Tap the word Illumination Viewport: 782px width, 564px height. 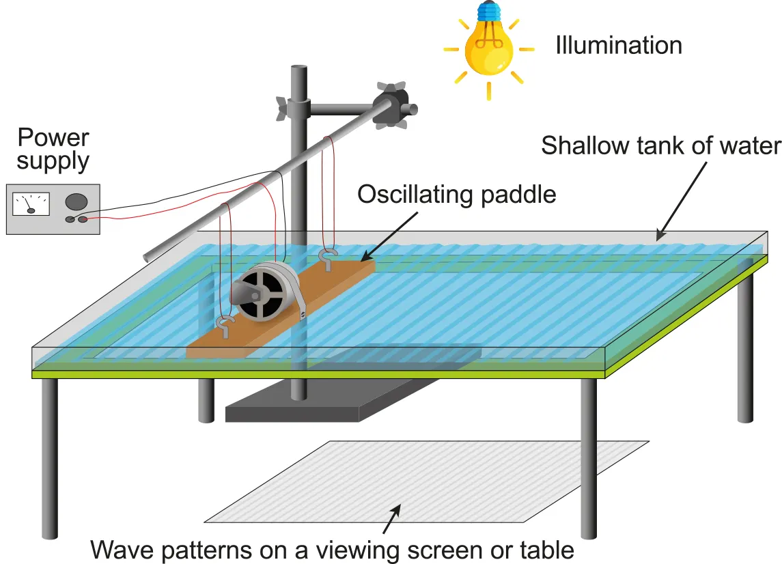point(618,46)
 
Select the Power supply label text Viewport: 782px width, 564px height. point(53,149)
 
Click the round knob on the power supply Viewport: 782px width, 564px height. point(76,201)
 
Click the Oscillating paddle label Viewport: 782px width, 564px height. point(457,195)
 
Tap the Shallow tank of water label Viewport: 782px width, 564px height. point(660,146)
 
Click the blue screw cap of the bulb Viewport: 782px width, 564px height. point(488,12)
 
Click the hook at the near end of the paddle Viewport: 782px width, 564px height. point(225,324)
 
